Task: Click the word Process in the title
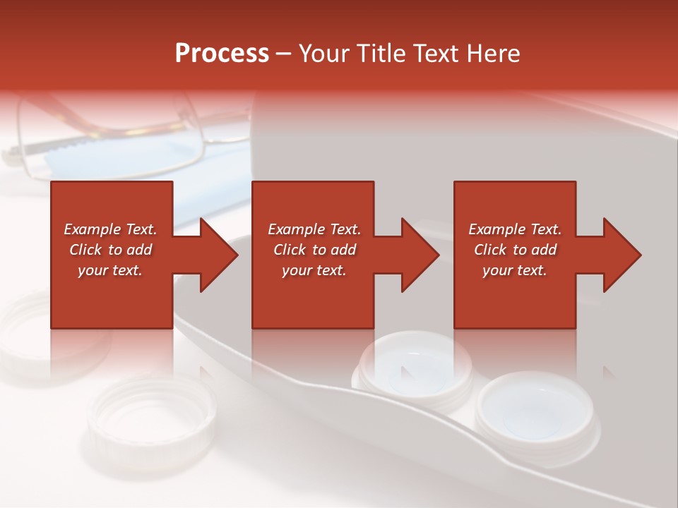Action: click(x=222, y=54)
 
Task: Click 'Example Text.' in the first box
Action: click(x=110, y=229)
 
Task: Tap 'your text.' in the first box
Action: click(x=110, y=270)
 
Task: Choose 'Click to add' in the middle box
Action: click(x=314, y=250)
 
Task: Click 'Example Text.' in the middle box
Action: click(x=314, y=229)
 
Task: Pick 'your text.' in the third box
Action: click(x=515, y=270)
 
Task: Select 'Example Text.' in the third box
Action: click(x=515, y=229)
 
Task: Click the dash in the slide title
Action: click(x=284, y=54)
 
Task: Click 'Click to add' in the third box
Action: click(x=515, y=250)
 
